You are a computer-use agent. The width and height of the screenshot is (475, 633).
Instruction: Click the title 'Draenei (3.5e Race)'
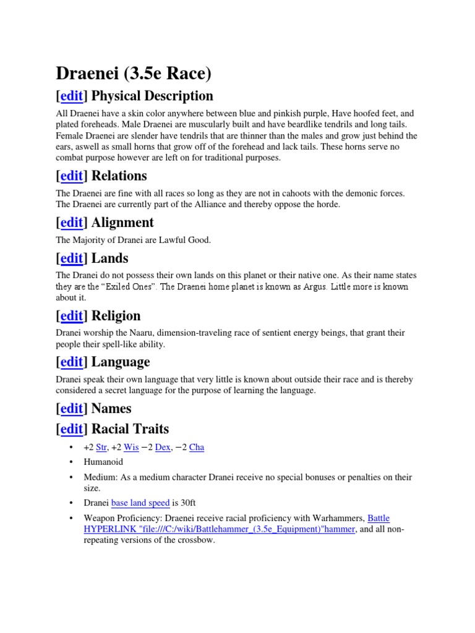(134, 74)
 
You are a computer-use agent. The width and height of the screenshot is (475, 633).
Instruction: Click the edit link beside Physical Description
(72, 96)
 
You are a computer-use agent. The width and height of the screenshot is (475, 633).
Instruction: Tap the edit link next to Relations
(72, 176)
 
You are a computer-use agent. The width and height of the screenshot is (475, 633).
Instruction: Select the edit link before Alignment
(72, 223)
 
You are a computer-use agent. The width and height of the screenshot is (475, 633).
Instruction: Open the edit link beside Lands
(72, 258)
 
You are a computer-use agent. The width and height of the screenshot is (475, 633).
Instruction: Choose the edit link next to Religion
(72, 316)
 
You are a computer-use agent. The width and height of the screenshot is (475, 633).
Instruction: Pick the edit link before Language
(72, 362)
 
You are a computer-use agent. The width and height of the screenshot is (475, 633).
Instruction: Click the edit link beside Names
(72, 409)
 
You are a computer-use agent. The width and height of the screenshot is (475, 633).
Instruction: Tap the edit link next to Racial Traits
(72, 429)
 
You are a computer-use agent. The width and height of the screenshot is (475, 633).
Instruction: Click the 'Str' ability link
(102, 447)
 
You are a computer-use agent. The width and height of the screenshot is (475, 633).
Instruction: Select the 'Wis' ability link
(131, 447)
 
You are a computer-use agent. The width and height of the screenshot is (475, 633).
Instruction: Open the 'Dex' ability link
(163, 447)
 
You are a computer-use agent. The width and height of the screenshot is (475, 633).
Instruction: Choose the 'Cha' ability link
(197, 447)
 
